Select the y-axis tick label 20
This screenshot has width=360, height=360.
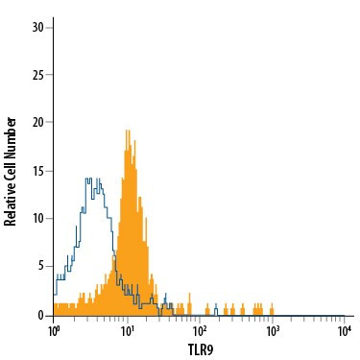37,122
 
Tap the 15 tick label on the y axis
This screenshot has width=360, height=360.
37,170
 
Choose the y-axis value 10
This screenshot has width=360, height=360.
37,218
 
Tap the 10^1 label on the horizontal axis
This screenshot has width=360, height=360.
127,330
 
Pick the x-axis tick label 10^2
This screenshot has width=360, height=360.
200,330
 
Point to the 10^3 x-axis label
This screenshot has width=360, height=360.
272,330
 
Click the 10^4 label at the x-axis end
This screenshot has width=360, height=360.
344,330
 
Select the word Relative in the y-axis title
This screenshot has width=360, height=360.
12,204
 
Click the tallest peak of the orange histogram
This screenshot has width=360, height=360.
127,132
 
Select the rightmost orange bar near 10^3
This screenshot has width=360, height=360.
273,309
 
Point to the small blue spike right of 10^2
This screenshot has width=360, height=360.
216,308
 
